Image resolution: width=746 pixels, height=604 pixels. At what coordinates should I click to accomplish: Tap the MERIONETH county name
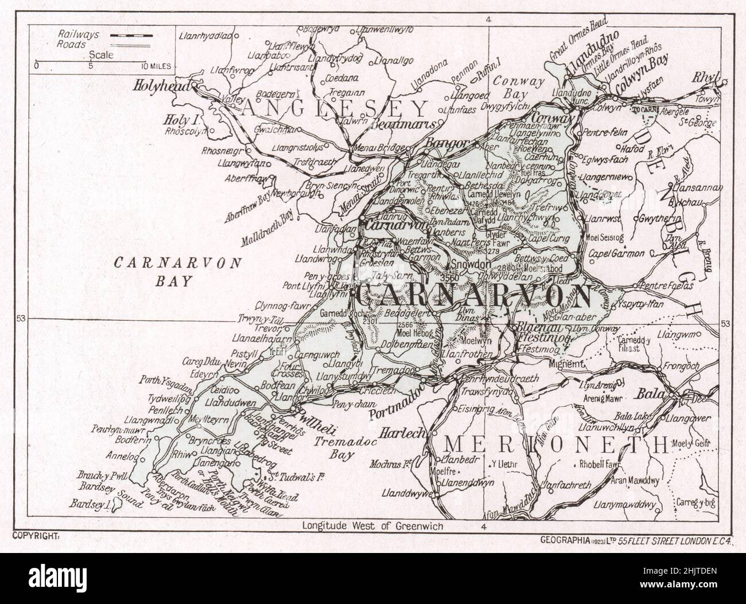coord(557,445)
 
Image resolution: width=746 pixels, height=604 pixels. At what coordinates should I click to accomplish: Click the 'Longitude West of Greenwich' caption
coord(372,526)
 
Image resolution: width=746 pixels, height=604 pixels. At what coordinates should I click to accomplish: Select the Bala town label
coord(649,395)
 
